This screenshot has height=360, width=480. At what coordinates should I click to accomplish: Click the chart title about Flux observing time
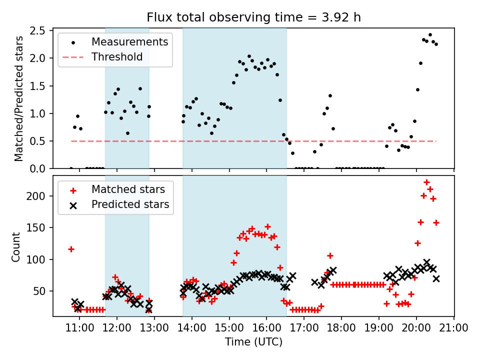(253, 17)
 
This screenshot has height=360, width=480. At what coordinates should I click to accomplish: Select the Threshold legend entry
(117, 57)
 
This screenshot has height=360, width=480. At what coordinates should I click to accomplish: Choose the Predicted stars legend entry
(130, 204)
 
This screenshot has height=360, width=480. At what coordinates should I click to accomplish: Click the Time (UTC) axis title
(253, 342)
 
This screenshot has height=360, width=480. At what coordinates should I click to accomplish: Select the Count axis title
(16, 246)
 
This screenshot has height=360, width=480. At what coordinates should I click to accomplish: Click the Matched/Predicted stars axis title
(19, 98)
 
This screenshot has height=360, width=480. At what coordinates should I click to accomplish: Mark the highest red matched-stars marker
(427, 182)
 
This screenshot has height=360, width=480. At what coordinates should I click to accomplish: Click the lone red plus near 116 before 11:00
(71, 249)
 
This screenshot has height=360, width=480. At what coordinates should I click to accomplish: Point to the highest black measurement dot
(430, 35)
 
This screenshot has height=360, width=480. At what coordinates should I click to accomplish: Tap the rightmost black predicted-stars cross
(436, 278)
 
